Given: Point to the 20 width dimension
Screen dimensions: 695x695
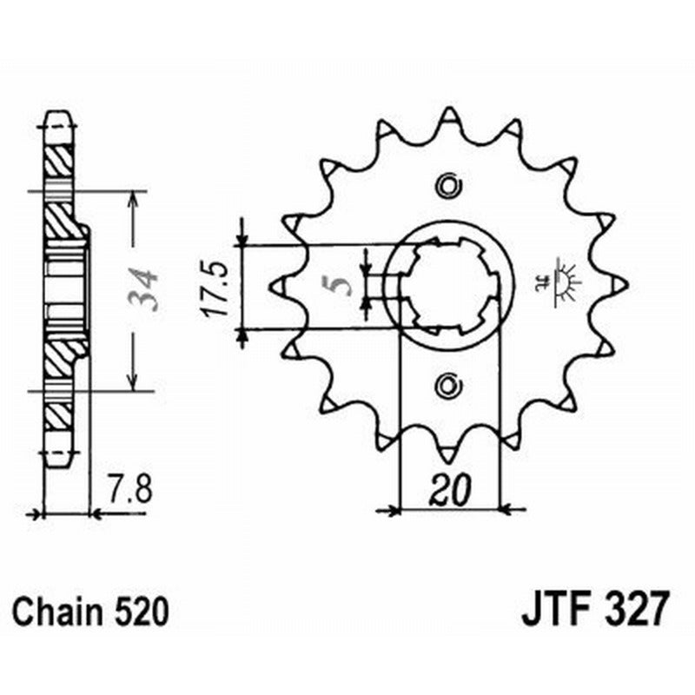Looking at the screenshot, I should pyautogui.click(x=450, y=493).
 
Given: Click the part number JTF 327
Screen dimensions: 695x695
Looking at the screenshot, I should pyautogui.click(x=596, y=608).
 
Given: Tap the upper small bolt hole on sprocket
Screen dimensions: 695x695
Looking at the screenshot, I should pyautogui.click(x=448, y=185).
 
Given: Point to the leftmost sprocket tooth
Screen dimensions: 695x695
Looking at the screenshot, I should pyautogui.click(x=280, y=285).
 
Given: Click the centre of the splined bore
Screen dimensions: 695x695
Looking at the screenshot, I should pyautogui.click(x=450, y=285).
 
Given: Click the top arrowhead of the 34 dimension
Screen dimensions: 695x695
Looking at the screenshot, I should pyautogui.click(x=132, y=199).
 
